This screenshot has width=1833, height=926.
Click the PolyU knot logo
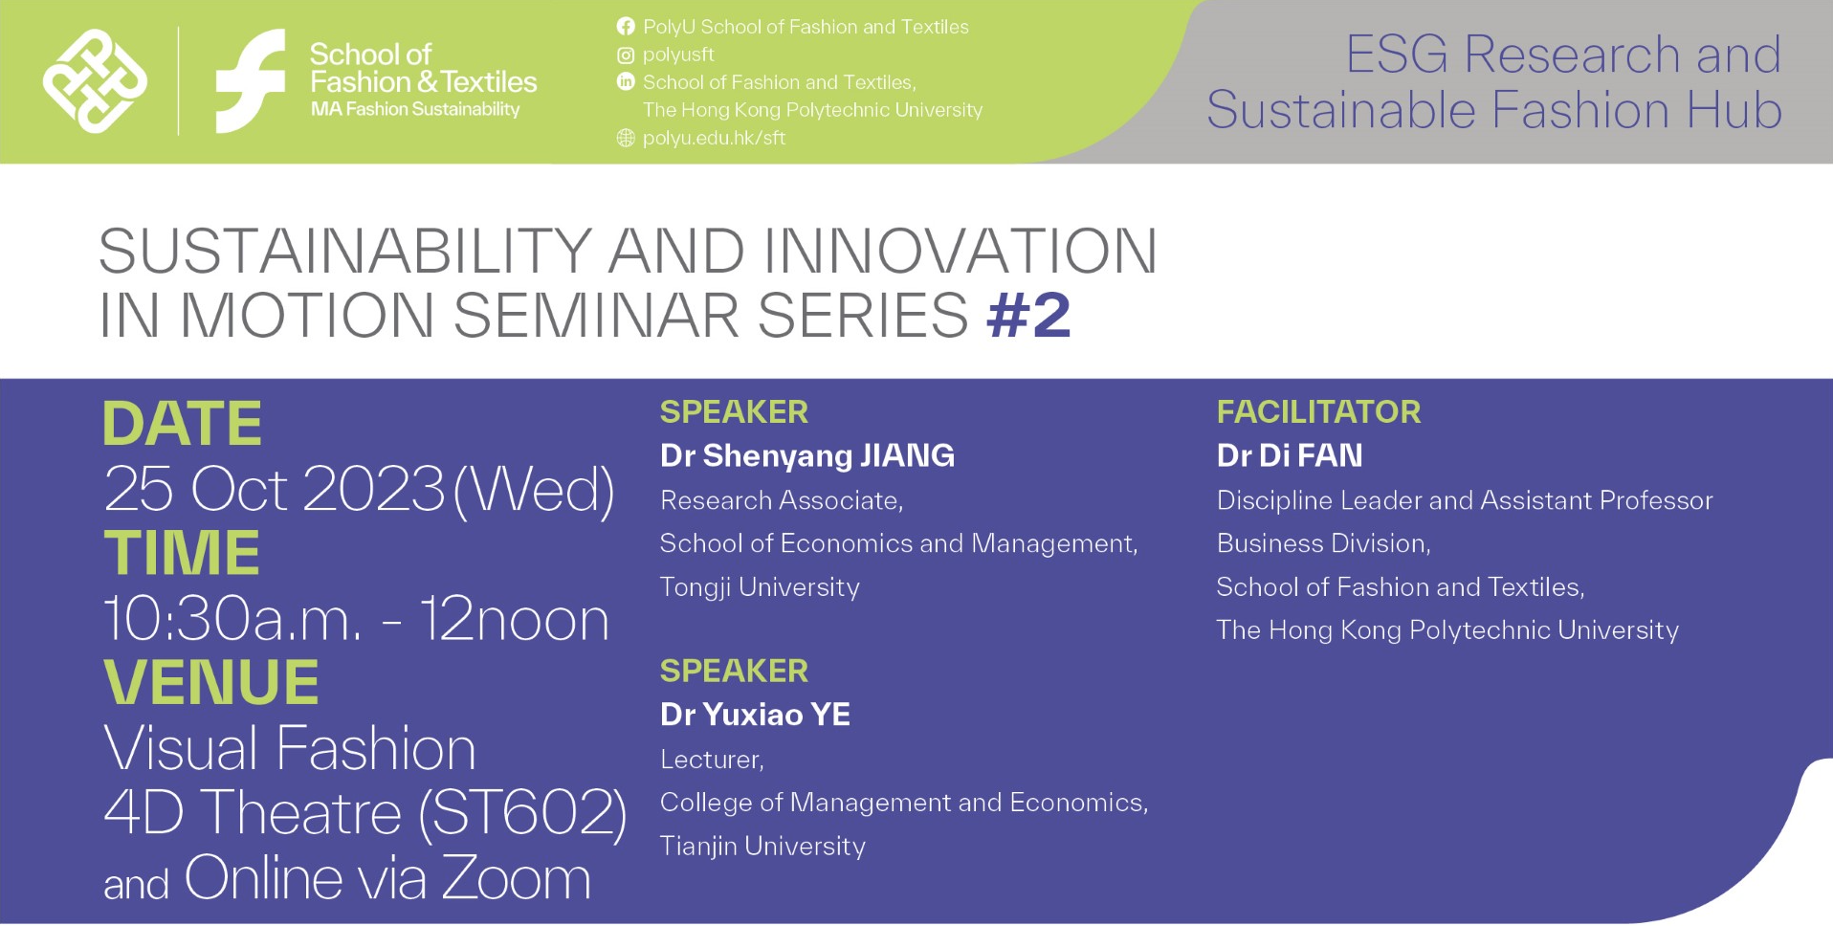coord(95,81)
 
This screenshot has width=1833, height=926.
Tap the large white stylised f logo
coord(251,81)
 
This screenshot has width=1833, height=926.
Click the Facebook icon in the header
coord(626,27)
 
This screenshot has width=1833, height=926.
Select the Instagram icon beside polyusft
coord(626,55)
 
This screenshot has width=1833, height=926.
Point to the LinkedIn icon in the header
coord(626,82)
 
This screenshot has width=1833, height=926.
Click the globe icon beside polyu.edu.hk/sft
coord(626,138)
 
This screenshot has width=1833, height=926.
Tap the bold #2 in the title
coord(1028,315)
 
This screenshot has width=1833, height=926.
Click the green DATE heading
coord(182,424)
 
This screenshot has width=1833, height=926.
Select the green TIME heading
coord(182,553)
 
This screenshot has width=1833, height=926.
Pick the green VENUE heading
coord(210,682)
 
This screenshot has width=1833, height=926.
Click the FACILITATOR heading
coord(1318,412)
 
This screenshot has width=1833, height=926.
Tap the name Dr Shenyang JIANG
coord(806,455)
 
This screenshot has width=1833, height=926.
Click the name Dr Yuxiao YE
coord(755,715)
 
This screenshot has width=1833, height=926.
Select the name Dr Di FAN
coord(1289,455)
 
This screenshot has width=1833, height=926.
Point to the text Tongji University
coord(760,586)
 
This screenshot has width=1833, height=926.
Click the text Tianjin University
coord(762,846)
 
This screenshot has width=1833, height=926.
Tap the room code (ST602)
coord(522,813)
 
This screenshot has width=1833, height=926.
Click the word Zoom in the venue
coord(516,878)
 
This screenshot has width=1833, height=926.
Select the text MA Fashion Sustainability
coord(414,109)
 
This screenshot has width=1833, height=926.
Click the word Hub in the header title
coord(1734,110)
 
